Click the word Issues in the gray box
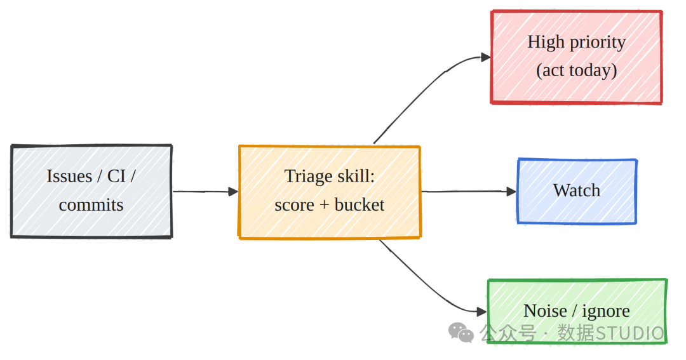coord(70,177)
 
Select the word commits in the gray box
coord(91,204)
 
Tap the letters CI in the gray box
coord(116,177)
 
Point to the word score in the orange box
coord(295,204)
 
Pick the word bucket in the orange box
coord(359,204)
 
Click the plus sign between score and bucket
coord(324,205)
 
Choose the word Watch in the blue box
coord(577,190)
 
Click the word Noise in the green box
coord(545,311)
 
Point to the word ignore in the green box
coord(606,312)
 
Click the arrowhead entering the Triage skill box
coord(233,192)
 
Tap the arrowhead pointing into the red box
coord(486,57)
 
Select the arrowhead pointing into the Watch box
coord(511,191)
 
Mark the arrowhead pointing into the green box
coord(481,312)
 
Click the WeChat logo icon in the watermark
coord(461,333)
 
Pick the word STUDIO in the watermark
coord(630,333)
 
